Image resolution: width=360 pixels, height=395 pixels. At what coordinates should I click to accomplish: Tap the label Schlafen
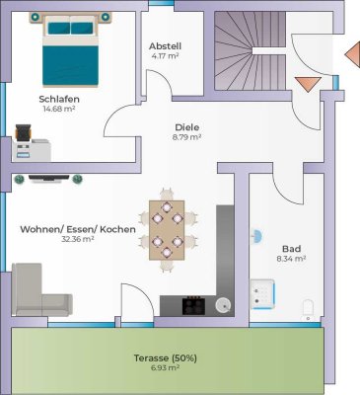click(x=59, y=99)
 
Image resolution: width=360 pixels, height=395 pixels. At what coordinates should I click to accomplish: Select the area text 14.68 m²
click(x=59, y=109)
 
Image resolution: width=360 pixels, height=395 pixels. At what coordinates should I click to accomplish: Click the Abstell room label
click(x=166, y=46)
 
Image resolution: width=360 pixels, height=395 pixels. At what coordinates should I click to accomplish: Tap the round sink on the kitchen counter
click(x=223, y=304)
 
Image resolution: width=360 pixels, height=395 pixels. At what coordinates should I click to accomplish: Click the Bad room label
click(x=291, y=248)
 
